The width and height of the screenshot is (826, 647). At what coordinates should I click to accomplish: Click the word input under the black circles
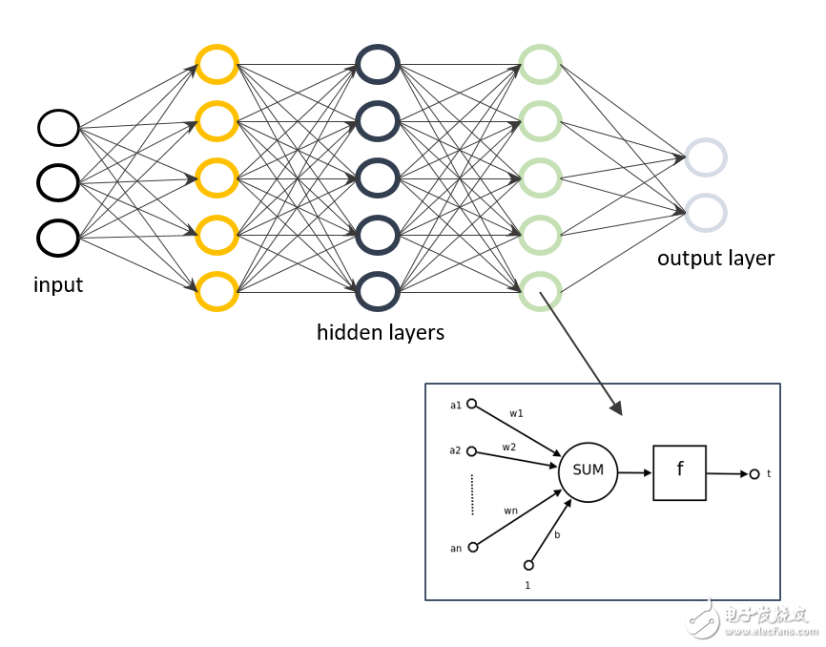[x=58, y=285]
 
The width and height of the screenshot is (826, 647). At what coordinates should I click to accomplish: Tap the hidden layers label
[x=381, y=332]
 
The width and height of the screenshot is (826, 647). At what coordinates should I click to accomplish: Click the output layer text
[x=716, y=259]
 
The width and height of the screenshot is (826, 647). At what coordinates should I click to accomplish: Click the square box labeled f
[x=654, y=472]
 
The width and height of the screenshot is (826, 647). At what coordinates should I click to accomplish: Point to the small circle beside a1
[x=472, y=404]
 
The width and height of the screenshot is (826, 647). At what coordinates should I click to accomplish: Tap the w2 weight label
[x=509, y=448]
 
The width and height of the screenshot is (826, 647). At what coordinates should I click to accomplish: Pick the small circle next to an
[x=473, y=548]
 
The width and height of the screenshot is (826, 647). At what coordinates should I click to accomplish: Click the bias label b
[x=557, y=534]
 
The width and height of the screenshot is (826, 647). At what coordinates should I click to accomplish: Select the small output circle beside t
[x=754, y=474]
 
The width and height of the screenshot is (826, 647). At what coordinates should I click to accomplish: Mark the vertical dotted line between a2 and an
[x=472, y=494]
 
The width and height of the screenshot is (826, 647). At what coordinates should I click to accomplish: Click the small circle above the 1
[x=529, y=565]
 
